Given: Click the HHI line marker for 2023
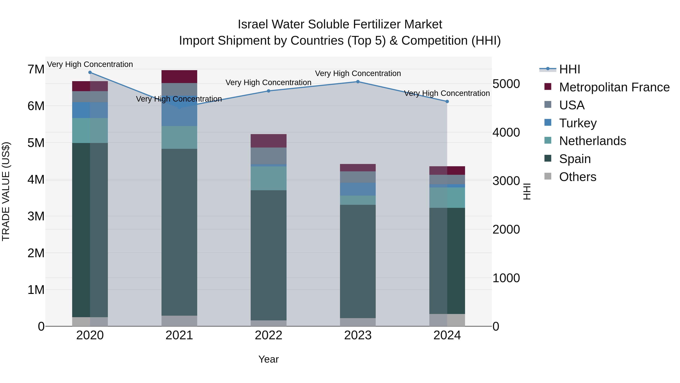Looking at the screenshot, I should pos(358,82).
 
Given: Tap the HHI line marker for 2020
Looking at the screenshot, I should pos(90,72).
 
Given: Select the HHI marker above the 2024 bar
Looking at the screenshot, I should pos(447,102).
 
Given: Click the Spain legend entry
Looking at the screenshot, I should pos(575,159).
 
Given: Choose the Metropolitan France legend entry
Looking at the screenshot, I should pos(614,87).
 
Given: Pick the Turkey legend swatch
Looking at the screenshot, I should pos(548,123).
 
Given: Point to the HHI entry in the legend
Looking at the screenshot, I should pos(569,69).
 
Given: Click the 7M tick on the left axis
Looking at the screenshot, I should pos(36,70).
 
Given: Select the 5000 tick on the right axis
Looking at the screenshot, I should pos(506,84).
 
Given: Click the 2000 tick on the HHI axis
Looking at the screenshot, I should pos(506,229).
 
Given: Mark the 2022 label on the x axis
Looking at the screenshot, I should pos(268,335).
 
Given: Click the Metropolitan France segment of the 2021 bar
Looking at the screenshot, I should pos(179,77).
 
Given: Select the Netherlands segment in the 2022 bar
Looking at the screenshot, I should pos(268,178).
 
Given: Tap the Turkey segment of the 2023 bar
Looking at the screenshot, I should pos(358,189).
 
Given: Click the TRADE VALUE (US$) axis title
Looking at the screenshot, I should pos(6,191).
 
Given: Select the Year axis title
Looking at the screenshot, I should pos(268,359).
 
